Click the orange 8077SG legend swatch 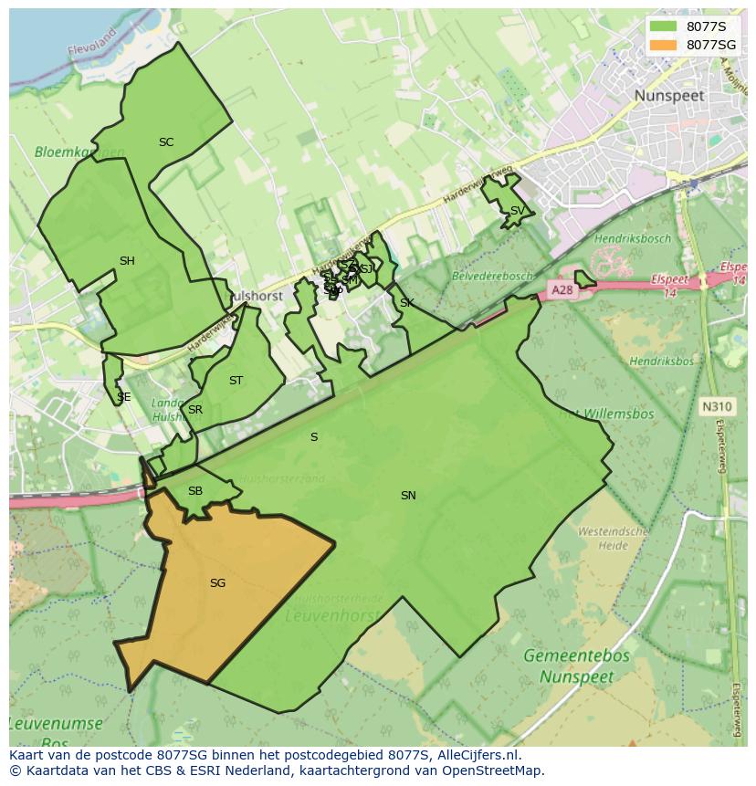click(x=664, y=45)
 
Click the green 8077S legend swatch click(x=664, y=26)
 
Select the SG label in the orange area click(x=217, y=582)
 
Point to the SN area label click(x=408, y=496)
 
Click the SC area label click(x=166, y=142)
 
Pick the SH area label click(x=127, y=261)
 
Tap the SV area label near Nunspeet click(x=517, y=211)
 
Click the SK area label click(x=407, y=303)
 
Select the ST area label click(x=236, y=381)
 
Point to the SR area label click(x=194, y=410)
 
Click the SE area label click(x=123, y=397)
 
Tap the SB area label click(x=194, y=491)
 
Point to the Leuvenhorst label click(x=331, y=615)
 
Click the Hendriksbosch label click(x=632, y=239)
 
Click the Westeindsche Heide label click(x=614, y=538)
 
